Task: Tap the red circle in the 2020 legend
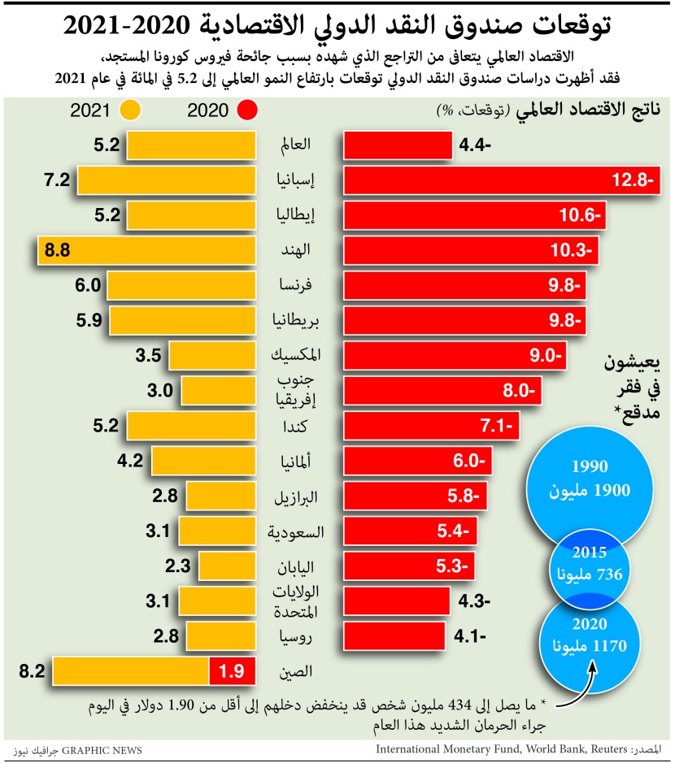(x=248, y=110)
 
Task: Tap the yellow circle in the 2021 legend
(x=130, y=110)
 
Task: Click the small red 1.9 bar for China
(x=232, y=672)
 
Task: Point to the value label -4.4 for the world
(x=472, y=146)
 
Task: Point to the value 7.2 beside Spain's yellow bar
(x=62, y=180)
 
